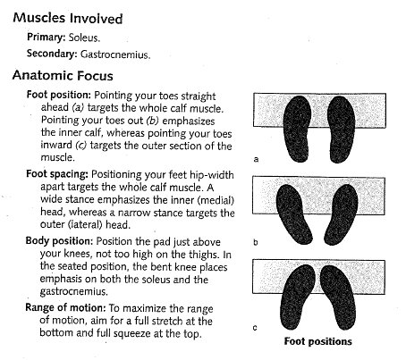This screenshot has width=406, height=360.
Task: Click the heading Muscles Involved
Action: coord(68,18)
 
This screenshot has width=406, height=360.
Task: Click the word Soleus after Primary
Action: coord(84,38)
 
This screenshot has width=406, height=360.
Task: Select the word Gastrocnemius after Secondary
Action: coord(115,54)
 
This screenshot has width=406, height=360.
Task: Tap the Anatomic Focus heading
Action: coord(63,75)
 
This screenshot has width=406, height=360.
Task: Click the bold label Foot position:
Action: coord(58,95)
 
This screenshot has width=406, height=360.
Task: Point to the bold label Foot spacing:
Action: coord(57,174)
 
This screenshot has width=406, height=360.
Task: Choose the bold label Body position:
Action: coord(59,240)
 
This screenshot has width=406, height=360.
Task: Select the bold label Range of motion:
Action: coord(65,307)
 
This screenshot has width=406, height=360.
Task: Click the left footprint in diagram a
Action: coord(297,129)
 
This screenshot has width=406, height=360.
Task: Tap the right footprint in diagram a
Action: coord(341,130)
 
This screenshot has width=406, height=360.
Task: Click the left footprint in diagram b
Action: coord(294,214)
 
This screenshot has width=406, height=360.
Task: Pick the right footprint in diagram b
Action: coord(342,214)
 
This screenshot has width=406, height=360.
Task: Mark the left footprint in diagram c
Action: coord(298,297)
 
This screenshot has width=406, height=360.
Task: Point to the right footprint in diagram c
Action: coord(338,297)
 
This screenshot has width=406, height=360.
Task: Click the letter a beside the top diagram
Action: coord(256,159)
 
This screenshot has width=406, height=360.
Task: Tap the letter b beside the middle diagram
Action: coord(256,242)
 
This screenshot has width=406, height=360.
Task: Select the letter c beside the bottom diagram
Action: coord(255,328)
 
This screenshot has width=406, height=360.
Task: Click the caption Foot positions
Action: coord(317,341)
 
